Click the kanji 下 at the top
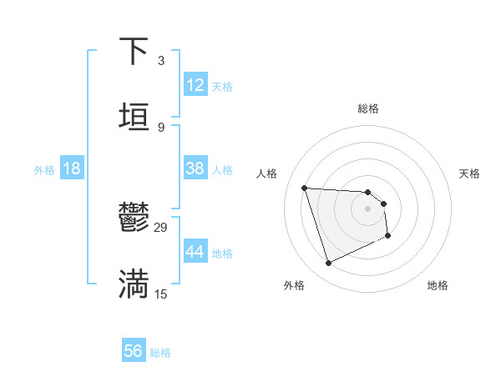coord(134,53)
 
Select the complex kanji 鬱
coord(134,219)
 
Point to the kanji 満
coord(134,284)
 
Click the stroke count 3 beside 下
coord(160,60)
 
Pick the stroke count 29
coord(161,228)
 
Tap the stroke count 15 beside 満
coord(161,294)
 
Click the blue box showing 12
coord(195,85)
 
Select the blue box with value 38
coord(195,168)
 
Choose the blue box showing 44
coord(195,252)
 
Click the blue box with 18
coord(72,168)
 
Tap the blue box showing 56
coord(134,351)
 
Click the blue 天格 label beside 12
coord(222,87)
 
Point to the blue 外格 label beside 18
coord(44,169)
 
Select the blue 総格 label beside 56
coord(160,353)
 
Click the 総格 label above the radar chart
coord(368,108)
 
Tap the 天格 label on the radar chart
coord(469,173)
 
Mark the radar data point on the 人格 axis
coord(304,188)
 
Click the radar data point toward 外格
coord(328,264)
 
